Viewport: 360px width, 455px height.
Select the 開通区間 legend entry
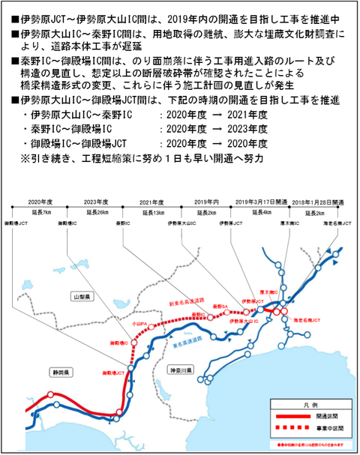pos(328,414)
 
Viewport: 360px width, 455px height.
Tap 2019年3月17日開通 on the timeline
pos(260,202)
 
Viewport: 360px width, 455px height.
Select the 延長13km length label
pos(153,213)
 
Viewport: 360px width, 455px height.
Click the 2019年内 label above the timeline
pos(205,202)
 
